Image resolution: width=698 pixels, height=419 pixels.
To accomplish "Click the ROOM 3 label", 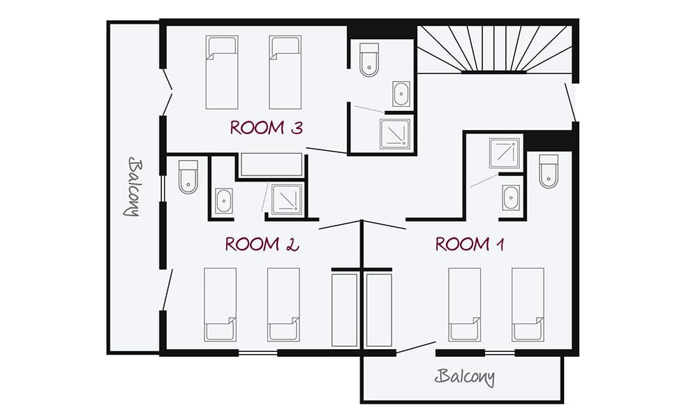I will [x=267, y=128].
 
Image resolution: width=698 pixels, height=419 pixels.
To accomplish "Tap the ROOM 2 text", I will [x=262, y=244].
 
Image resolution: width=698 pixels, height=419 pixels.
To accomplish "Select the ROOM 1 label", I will [x=470, y=244].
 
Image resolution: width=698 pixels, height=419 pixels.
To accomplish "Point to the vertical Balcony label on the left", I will [x=134, y=186].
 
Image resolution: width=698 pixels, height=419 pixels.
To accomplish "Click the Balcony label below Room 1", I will [x=465, y=378].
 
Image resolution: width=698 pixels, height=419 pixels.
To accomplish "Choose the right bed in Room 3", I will [x=285, y=73].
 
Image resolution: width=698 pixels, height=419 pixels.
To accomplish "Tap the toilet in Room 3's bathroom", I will [x=369, y=60].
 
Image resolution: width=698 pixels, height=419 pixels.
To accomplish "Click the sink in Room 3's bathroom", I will [x=401, y=93].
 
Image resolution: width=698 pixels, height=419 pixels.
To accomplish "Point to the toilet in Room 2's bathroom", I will [x=188, y=177].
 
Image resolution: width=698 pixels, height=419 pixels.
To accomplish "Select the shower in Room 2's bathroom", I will [x=285, y=200].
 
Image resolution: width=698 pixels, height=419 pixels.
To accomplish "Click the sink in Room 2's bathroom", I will [x=224, y=200].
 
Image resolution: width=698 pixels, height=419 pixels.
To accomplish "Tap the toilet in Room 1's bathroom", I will [x=549, y=171].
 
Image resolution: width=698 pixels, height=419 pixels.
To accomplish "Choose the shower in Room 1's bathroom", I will [x=505, y=153].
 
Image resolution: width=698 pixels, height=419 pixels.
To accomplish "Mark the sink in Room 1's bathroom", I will [x=510, y=198].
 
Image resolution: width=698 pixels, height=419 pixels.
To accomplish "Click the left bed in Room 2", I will [x=220, y=304].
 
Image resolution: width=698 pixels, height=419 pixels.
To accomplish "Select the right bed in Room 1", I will [x=528, y=304].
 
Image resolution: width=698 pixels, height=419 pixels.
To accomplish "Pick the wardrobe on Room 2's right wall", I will [x=345, y=309].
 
